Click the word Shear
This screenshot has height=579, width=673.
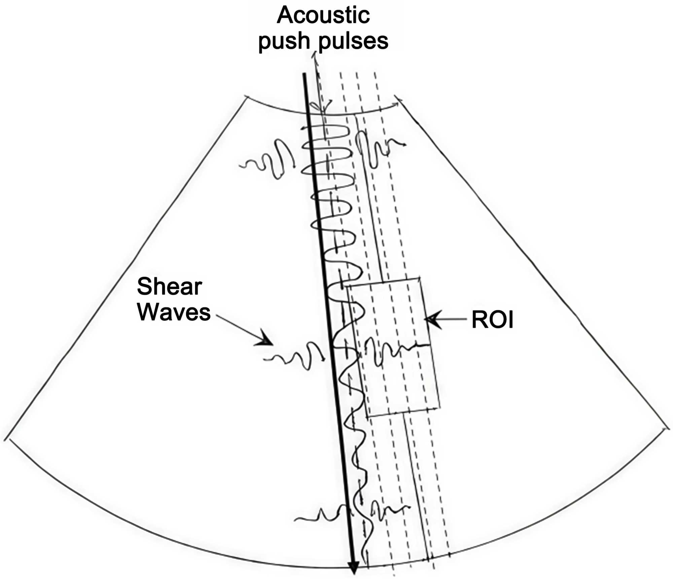(169, 287)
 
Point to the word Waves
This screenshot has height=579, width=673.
(174, 312)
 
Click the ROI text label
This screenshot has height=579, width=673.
(492, 320)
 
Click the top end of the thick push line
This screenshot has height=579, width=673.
(304, 74)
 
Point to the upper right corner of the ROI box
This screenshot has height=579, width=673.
(419, 278)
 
